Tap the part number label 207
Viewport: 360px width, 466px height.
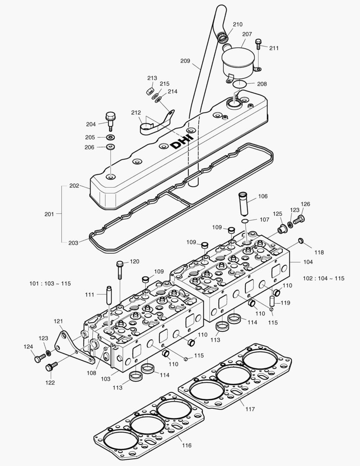(x=247, y=34)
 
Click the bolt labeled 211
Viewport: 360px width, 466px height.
(x=258, y=44)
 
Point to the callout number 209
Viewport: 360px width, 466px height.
(x=185, y=61)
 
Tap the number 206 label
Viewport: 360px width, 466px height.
(x=90, y=147)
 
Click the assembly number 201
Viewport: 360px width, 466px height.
(x=50, y=214)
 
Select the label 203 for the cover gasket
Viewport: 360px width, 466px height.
(x=73, y=243)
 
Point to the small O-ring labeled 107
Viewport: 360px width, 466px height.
(x=244, y=222)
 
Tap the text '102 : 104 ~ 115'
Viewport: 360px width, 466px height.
(x=324, y=278)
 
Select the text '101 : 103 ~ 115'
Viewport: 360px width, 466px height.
(x=50, y=283)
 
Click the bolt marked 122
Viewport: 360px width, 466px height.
(x=51, y=367)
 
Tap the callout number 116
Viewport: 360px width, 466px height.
(x=187, y=445)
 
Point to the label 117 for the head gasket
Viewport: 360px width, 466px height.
(x=250, y=409)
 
